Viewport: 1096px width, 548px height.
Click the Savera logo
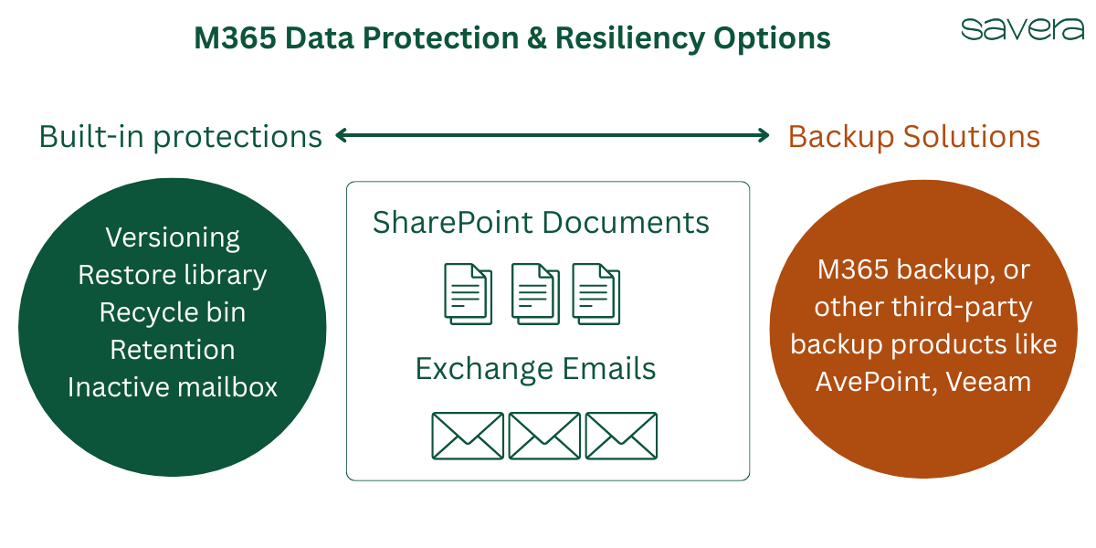click(x=1022, y=29)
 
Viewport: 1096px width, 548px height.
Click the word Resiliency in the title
click(x=610, y=38)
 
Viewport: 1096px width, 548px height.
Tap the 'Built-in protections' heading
click(x=180, y=136)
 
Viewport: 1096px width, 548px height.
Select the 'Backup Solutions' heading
click(x=913, y=136)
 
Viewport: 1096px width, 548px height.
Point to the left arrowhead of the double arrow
click(x=342, y=136)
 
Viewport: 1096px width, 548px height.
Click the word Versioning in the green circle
click(x=173, y=237)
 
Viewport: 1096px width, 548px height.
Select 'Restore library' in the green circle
click(x=173, y=275)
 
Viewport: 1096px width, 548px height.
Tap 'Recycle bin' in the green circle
click(x=173, y=312)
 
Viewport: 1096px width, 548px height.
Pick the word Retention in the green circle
click(x=173, y=350)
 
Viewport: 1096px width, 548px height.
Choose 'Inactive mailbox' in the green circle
click(x=173, y=387)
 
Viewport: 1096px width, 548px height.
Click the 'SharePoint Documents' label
click(x=541, y=223)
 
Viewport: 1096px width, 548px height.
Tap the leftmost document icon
click(x=468, y=293)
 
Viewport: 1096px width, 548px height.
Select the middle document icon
click(x=535, y=293)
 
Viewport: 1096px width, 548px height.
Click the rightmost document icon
click(x=595, y=293)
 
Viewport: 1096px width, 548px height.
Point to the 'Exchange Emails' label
click(x=535, y=369)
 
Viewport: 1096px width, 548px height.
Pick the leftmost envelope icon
click(x=467, y=436)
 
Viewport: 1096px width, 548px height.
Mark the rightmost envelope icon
click(x=621, y=436)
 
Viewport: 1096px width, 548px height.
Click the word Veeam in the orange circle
click(x=989, y=381)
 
